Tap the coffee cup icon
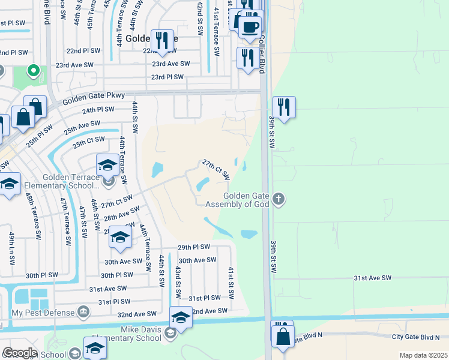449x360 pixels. coord(250,26)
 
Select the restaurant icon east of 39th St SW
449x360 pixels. coord(284,108)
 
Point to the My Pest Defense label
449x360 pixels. coord(43,313)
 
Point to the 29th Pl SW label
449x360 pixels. coord(194,247)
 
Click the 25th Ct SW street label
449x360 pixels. coord(89,143)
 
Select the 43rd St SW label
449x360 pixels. coord(177,282)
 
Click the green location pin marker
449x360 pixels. coord(34,71)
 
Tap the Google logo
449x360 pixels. coord(20,352)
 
